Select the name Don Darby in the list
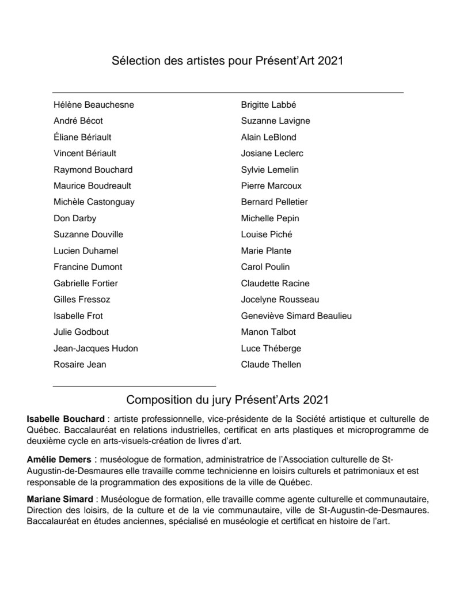pyautogui.click(x=75, y=218)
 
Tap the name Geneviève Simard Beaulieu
pyautogui.click(x=296, y=316)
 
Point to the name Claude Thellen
pyautogui.click(x=271, y=364)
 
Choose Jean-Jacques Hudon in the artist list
pyautogui.click(x=96, y=348)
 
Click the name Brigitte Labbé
pyautogui.click(x=268, y=105)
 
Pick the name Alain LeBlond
pyautogui.click(x=269, y=137)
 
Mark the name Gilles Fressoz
pyautogui.click(x=82, y=300)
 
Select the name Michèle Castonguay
pyautogui.click(x=94, y=202)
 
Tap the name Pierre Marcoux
pyautogui.click(x=271, y=186)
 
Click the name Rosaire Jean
pyautogui.click(x=79, y=364)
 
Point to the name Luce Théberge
pyautogui.click(x=271, y=348)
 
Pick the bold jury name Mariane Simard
pyautogui.click(x=60, y=497)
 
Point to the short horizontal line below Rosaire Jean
pyautogui.click(x=134, y=385)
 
